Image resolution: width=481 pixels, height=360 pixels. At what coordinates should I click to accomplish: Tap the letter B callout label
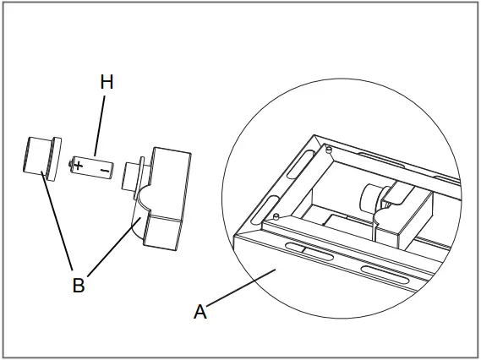(x=78, y=285)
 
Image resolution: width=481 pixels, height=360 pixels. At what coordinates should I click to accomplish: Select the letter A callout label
(x=200, y=311)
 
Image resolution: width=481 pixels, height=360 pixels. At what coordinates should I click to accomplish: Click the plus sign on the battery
(x=79, y=165)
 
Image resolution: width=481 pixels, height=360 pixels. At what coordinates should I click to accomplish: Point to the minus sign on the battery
(x=103, y=170)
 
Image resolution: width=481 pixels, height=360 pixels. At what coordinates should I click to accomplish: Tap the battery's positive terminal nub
(x=67, y=162)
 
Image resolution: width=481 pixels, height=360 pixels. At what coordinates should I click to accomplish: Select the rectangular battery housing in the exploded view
(x=169, y=199)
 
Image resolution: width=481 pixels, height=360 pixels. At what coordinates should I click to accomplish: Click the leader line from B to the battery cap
(x=57, y=224)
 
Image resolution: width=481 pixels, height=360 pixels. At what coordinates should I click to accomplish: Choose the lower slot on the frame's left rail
(x=264, y=208)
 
